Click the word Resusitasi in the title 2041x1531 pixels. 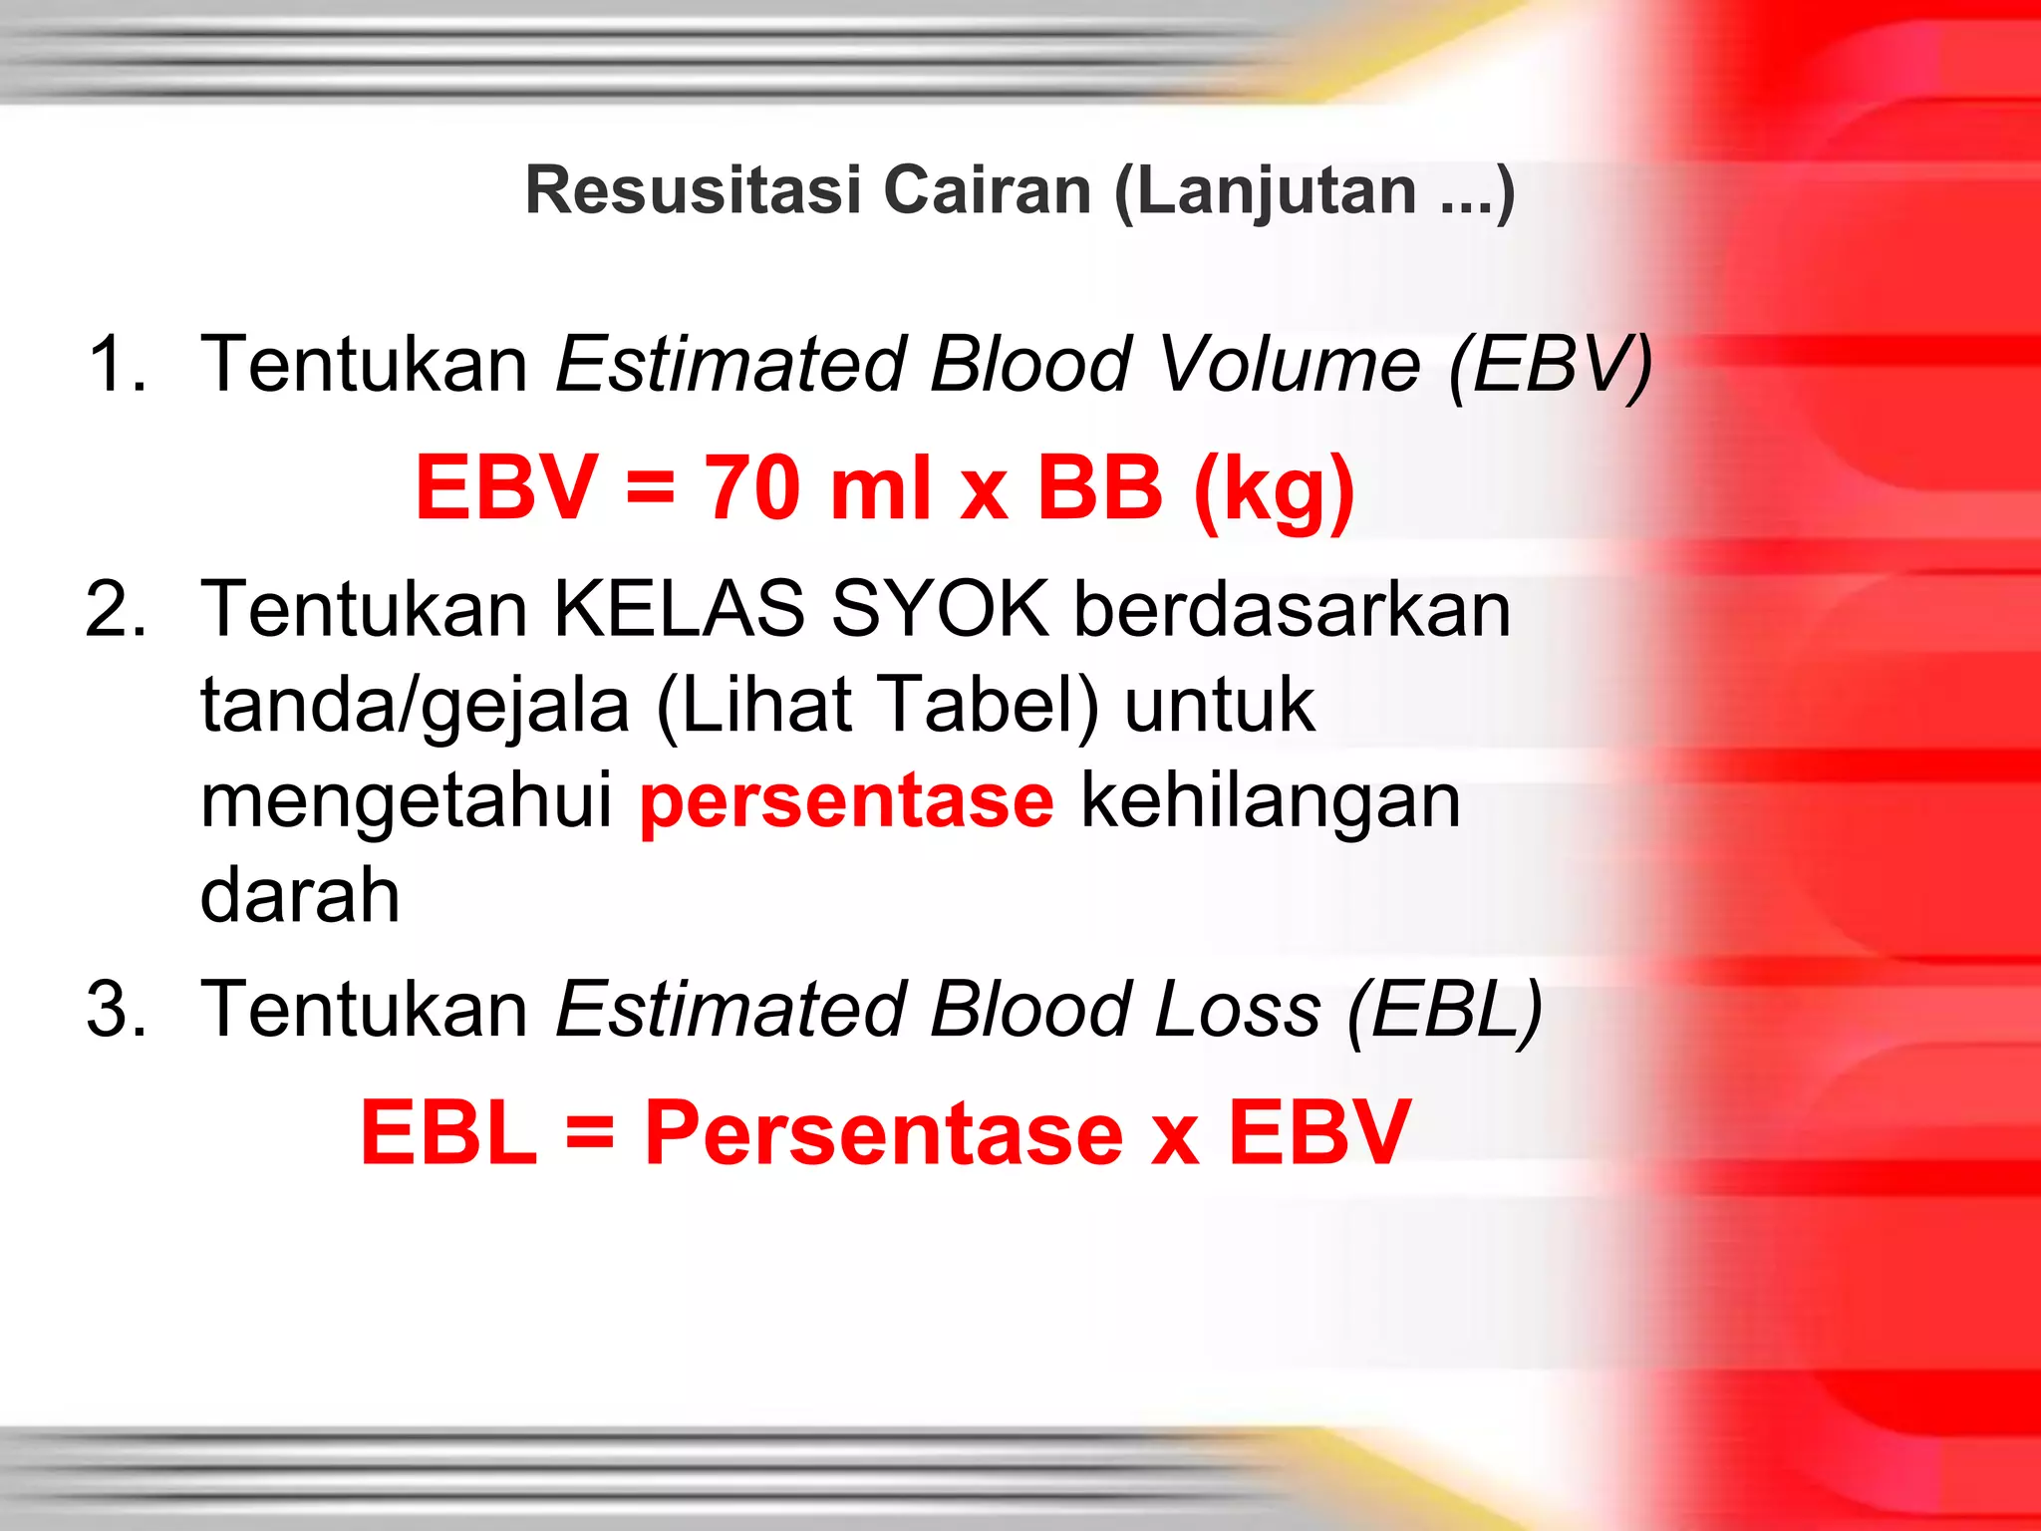[693, 189]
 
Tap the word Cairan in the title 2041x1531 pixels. [988, 189]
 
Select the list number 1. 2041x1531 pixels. [116, 363]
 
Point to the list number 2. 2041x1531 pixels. [116, 609]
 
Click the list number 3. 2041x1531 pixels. [116, 1009]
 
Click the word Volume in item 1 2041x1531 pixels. [1290, 363]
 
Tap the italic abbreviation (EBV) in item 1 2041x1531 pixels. [1551, 365]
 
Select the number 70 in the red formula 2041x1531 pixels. [752, 487]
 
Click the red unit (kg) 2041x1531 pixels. [1273, 490]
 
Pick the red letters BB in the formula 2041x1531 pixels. [1099, 487]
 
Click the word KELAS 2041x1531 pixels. [679, 609]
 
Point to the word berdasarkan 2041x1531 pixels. [1292, 609]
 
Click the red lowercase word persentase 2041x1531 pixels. [846, 802]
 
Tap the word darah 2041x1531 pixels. [300, 894]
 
